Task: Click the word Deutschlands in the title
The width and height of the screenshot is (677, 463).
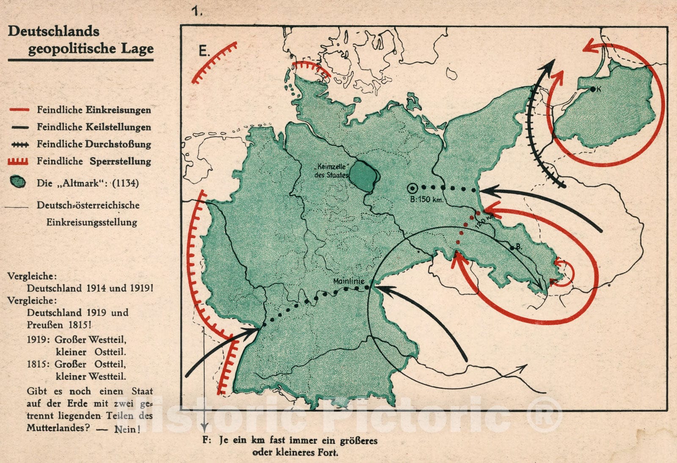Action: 54,31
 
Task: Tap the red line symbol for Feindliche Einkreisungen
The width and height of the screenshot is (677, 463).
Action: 19,110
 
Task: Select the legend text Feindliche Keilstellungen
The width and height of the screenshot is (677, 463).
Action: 94,127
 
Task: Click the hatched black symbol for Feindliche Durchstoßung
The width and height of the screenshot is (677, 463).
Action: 20,145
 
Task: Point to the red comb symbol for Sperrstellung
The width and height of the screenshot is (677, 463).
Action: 18,161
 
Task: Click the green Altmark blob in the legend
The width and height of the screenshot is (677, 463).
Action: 18,182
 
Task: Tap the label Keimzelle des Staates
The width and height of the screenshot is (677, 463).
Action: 331,171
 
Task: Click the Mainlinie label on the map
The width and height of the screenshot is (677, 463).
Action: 348,281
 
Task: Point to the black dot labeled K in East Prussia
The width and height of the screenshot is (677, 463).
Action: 593,89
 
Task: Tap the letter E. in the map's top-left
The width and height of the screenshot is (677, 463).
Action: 204,51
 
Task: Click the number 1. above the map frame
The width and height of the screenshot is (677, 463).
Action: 197,11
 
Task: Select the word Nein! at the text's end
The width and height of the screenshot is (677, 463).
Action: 127,429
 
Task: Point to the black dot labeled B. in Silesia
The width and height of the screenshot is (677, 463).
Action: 512,248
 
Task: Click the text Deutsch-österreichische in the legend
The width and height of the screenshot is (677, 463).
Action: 88,205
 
